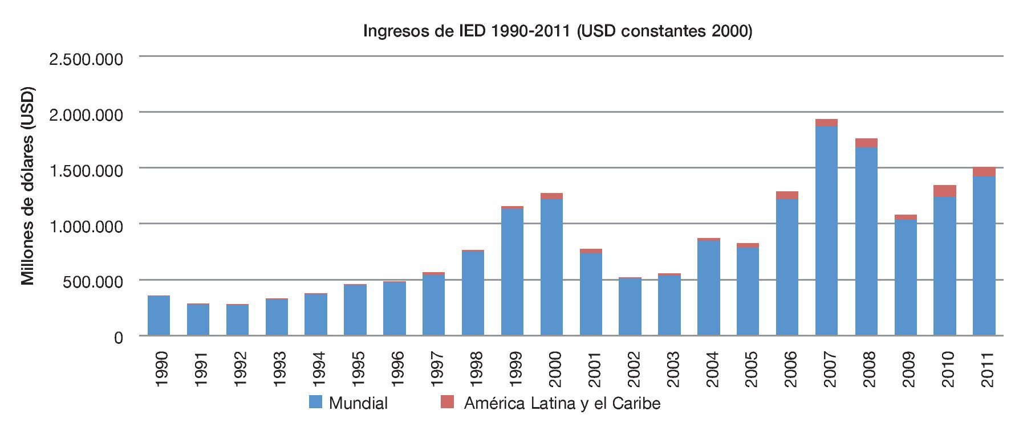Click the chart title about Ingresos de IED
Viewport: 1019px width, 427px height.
click(557, 31)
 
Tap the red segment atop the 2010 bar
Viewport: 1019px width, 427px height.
click(944, 191)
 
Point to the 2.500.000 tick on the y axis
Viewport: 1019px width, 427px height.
click(86, 59)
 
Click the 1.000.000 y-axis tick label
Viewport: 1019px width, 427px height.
click(86, 227)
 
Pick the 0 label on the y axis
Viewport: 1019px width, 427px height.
click(118, 338)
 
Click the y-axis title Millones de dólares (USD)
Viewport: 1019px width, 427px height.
click(28, 186)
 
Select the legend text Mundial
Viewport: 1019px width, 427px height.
click(358, 404)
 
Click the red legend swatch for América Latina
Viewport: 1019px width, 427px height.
click(448, 402)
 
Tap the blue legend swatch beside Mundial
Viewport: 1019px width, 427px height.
click(315, 402)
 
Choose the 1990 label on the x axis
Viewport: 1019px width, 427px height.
click(161, 369)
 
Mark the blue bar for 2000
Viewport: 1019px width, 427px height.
click(551, 268)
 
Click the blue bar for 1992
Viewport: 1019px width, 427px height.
click(237, 321)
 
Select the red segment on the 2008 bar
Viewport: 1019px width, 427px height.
click(866, 143)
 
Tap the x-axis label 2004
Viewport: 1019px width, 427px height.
click(712, 369)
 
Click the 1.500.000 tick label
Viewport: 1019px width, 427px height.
click(86, 171)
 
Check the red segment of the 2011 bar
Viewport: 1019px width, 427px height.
click(984, 172)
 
